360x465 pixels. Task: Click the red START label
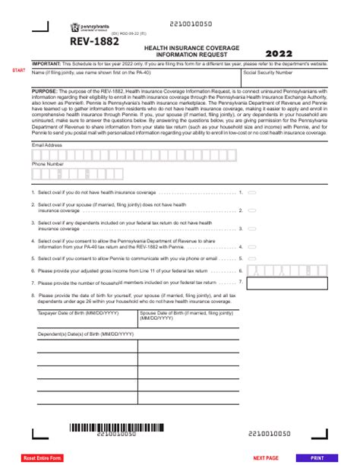pyautogui.click(x=18, y=71)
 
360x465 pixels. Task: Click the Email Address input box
pyautogui.click(x=179, y=152)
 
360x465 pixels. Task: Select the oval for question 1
pyautogui.click(x=252, y=194)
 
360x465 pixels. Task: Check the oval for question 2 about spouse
pyautogui.click(x=252, y=210)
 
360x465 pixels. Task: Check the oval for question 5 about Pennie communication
pyautogui.click(x=252, y=258)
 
